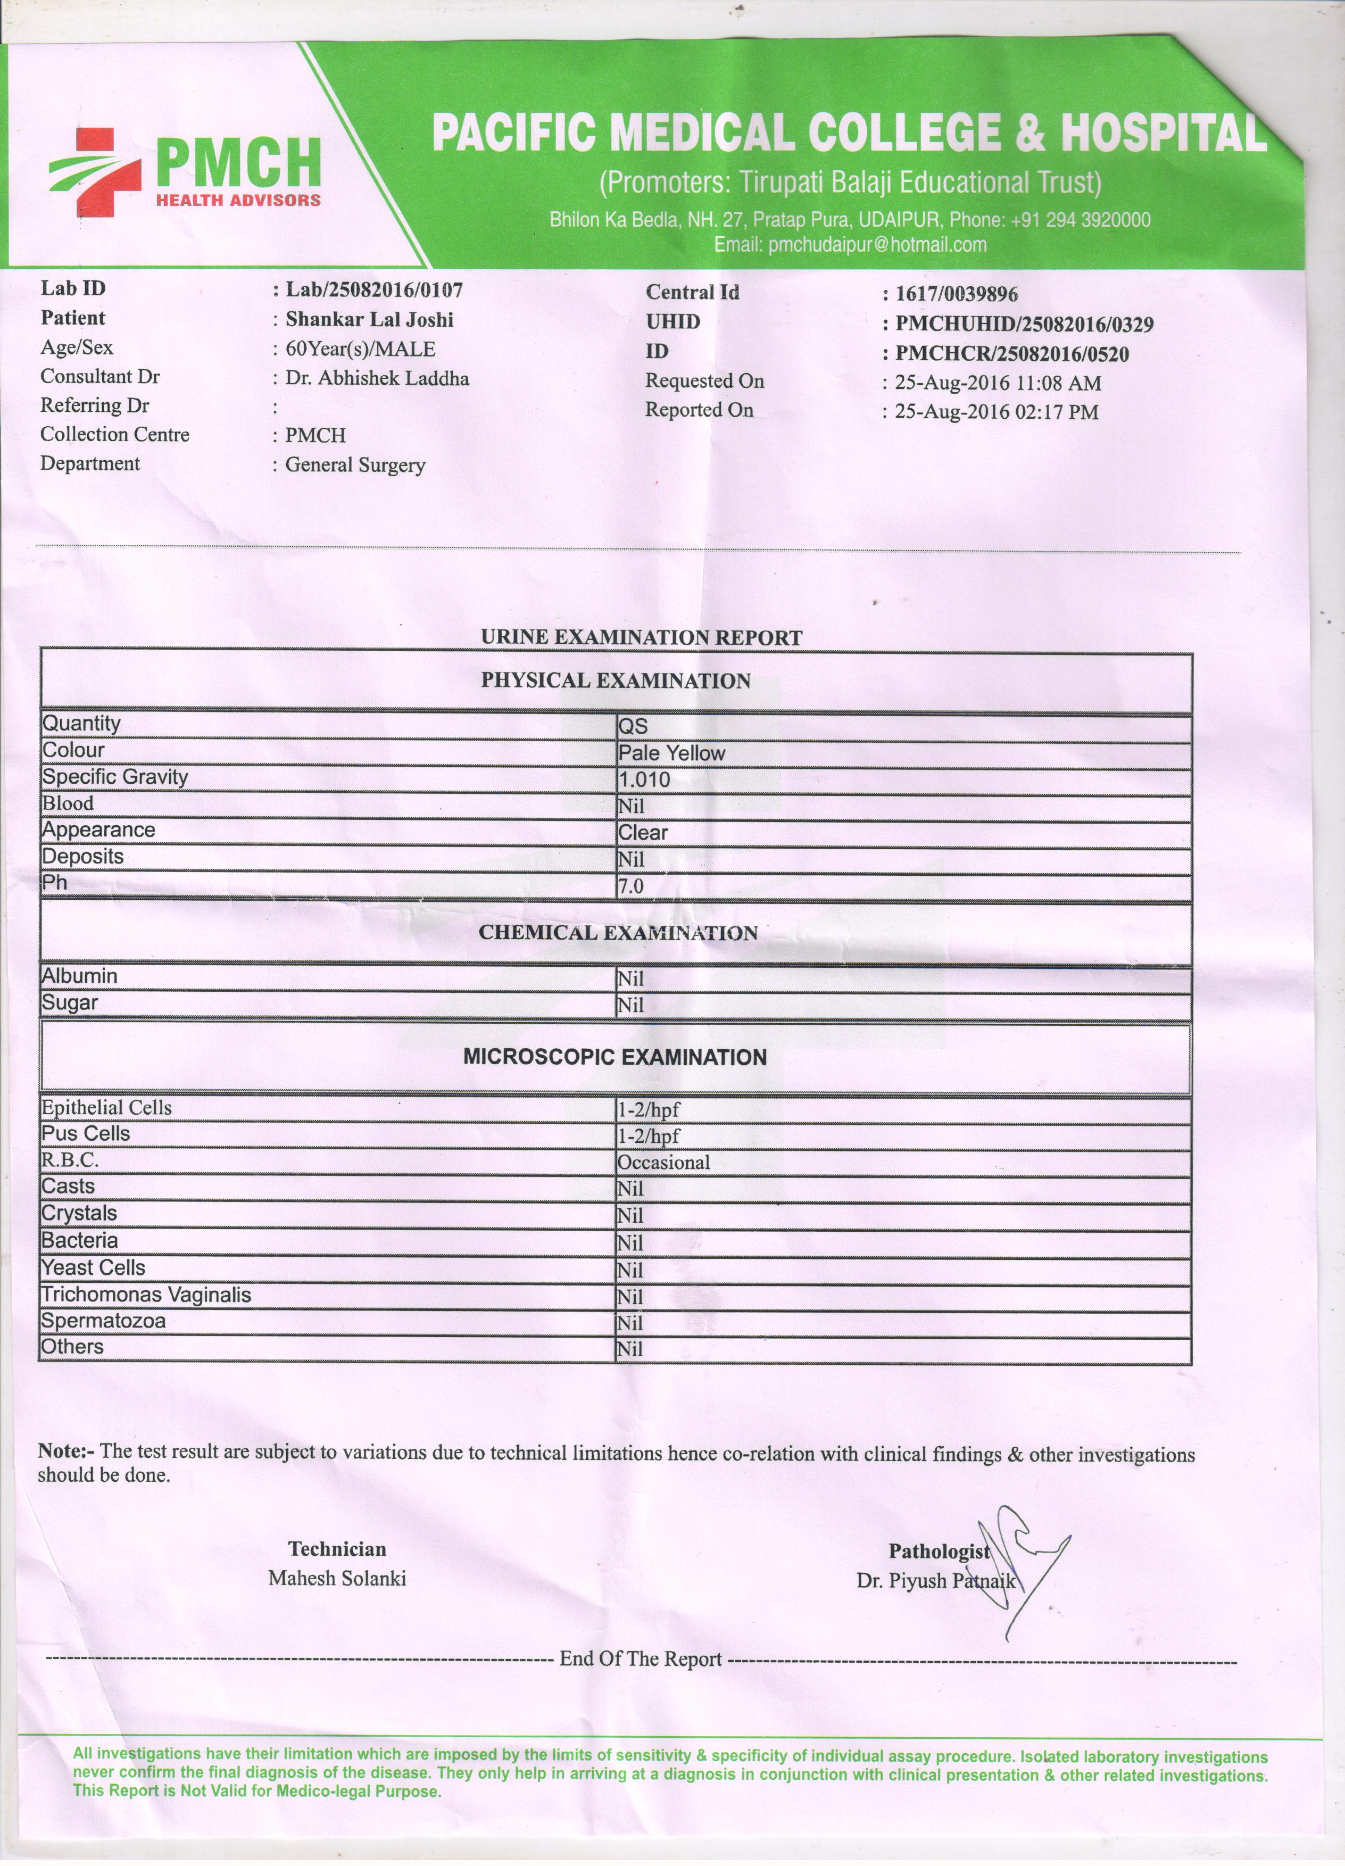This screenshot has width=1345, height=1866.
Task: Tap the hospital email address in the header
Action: pyautogui.click(x=850, y=244)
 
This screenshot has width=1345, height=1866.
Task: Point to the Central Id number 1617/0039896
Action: pyautogui.click(x=956, y=294)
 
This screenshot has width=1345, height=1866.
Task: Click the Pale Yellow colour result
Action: pyautogui.click(x=671, y=753)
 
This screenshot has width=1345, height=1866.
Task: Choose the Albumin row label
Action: pyautogui.click(x=80, y=976)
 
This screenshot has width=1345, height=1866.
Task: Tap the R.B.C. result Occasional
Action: pyautogui.click(x=663, y=1163)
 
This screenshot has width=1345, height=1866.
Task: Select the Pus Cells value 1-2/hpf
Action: pyautogui.click(x=649, y=1136)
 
